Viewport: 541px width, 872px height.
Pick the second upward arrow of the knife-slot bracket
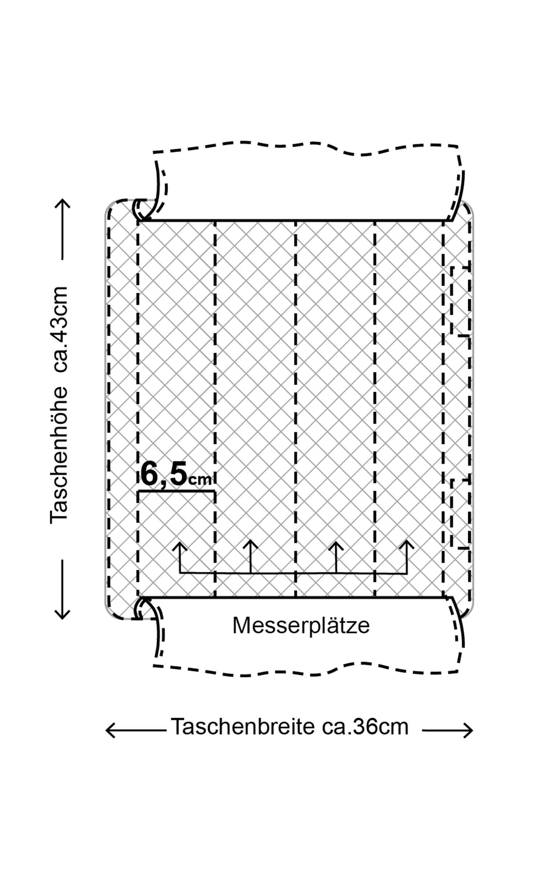click(250, 544)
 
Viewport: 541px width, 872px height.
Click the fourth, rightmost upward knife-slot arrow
click(406, 544)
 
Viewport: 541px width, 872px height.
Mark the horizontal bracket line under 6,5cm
click(176, 491)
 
